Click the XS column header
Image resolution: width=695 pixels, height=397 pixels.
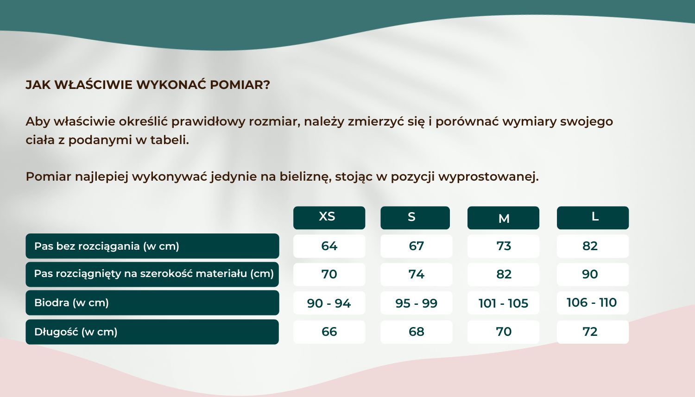[x=329, y=217]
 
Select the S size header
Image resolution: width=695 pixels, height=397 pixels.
[x=415, y=217]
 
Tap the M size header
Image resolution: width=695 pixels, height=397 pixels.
[x=503, y=218]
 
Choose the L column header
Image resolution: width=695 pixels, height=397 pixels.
[x=593, y=217]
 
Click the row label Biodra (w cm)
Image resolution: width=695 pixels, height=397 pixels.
[x=152, y=303]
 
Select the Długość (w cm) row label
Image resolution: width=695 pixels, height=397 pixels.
[x=152, y=332]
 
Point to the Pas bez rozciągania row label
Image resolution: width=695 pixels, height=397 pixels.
[x=152, y=246]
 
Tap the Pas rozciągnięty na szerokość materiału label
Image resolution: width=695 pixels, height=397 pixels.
[x=152, y=274]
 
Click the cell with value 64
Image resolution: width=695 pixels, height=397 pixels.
[x=329, y=246]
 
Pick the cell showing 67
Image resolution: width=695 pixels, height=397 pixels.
[x=416, y=246]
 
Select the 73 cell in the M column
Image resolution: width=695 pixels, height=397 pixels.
[x=503, y=246]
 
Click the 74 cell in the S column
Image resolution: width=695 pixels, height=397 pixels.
[x=416, y=274]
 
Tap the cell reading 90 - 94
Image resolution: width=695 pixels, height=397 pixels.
[x=329, y=303]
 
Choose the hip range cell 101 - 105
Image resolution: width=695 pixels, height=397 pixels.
[x=503, y=303]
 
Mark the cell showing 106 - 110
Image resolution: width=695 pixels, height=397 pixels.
[x=592, y=302]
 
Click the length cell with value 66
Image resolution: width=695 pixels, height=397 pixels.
[x=329, y=332]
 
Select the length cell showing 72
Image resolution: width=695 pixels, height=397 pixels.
[x=592, y=332]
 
